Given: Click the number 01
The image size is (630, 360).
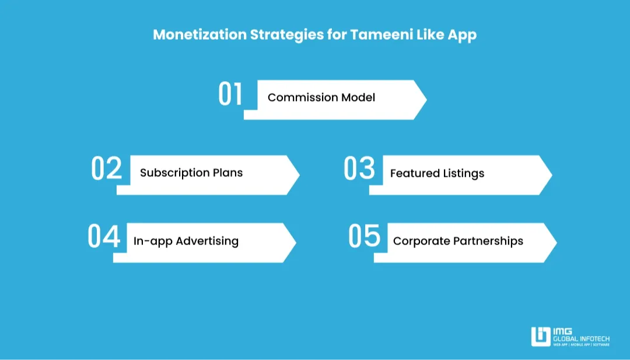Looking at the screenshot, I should coord(230,95).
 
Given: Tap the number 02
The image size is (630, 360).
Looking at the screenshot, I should coord(107,169).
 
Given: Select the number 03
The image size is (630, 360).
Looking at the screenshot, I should coord(359,169).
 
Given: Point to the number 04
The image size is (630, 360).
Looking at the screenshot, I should coord(104,237).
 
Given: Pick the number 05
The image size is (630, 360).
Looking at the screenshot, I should coord(364,236).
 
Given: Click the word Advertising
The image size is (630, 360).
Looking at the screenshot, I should coord(207,241).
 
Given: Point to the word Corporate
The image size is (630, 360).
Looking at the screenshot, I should coord(422,241).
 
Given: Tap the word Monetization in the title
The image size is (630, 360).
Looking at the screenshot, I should coord(199,34).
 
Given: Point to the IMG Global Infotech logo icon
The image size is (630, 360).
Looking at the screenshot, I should coord(541,337).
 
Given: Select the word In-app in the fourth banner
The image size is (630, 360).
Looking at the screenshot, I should coord(153,241).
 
